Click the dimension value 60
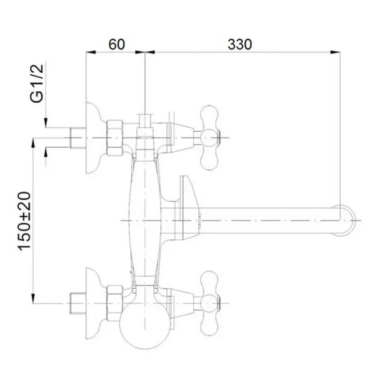116,44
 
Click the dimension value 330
239,44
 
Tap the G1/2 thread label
37,83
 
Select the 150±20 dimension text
25,221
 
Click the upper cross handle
209,138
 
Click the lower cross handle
209,303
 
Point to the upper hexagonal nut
115,138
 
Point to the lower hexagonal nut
115,303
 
